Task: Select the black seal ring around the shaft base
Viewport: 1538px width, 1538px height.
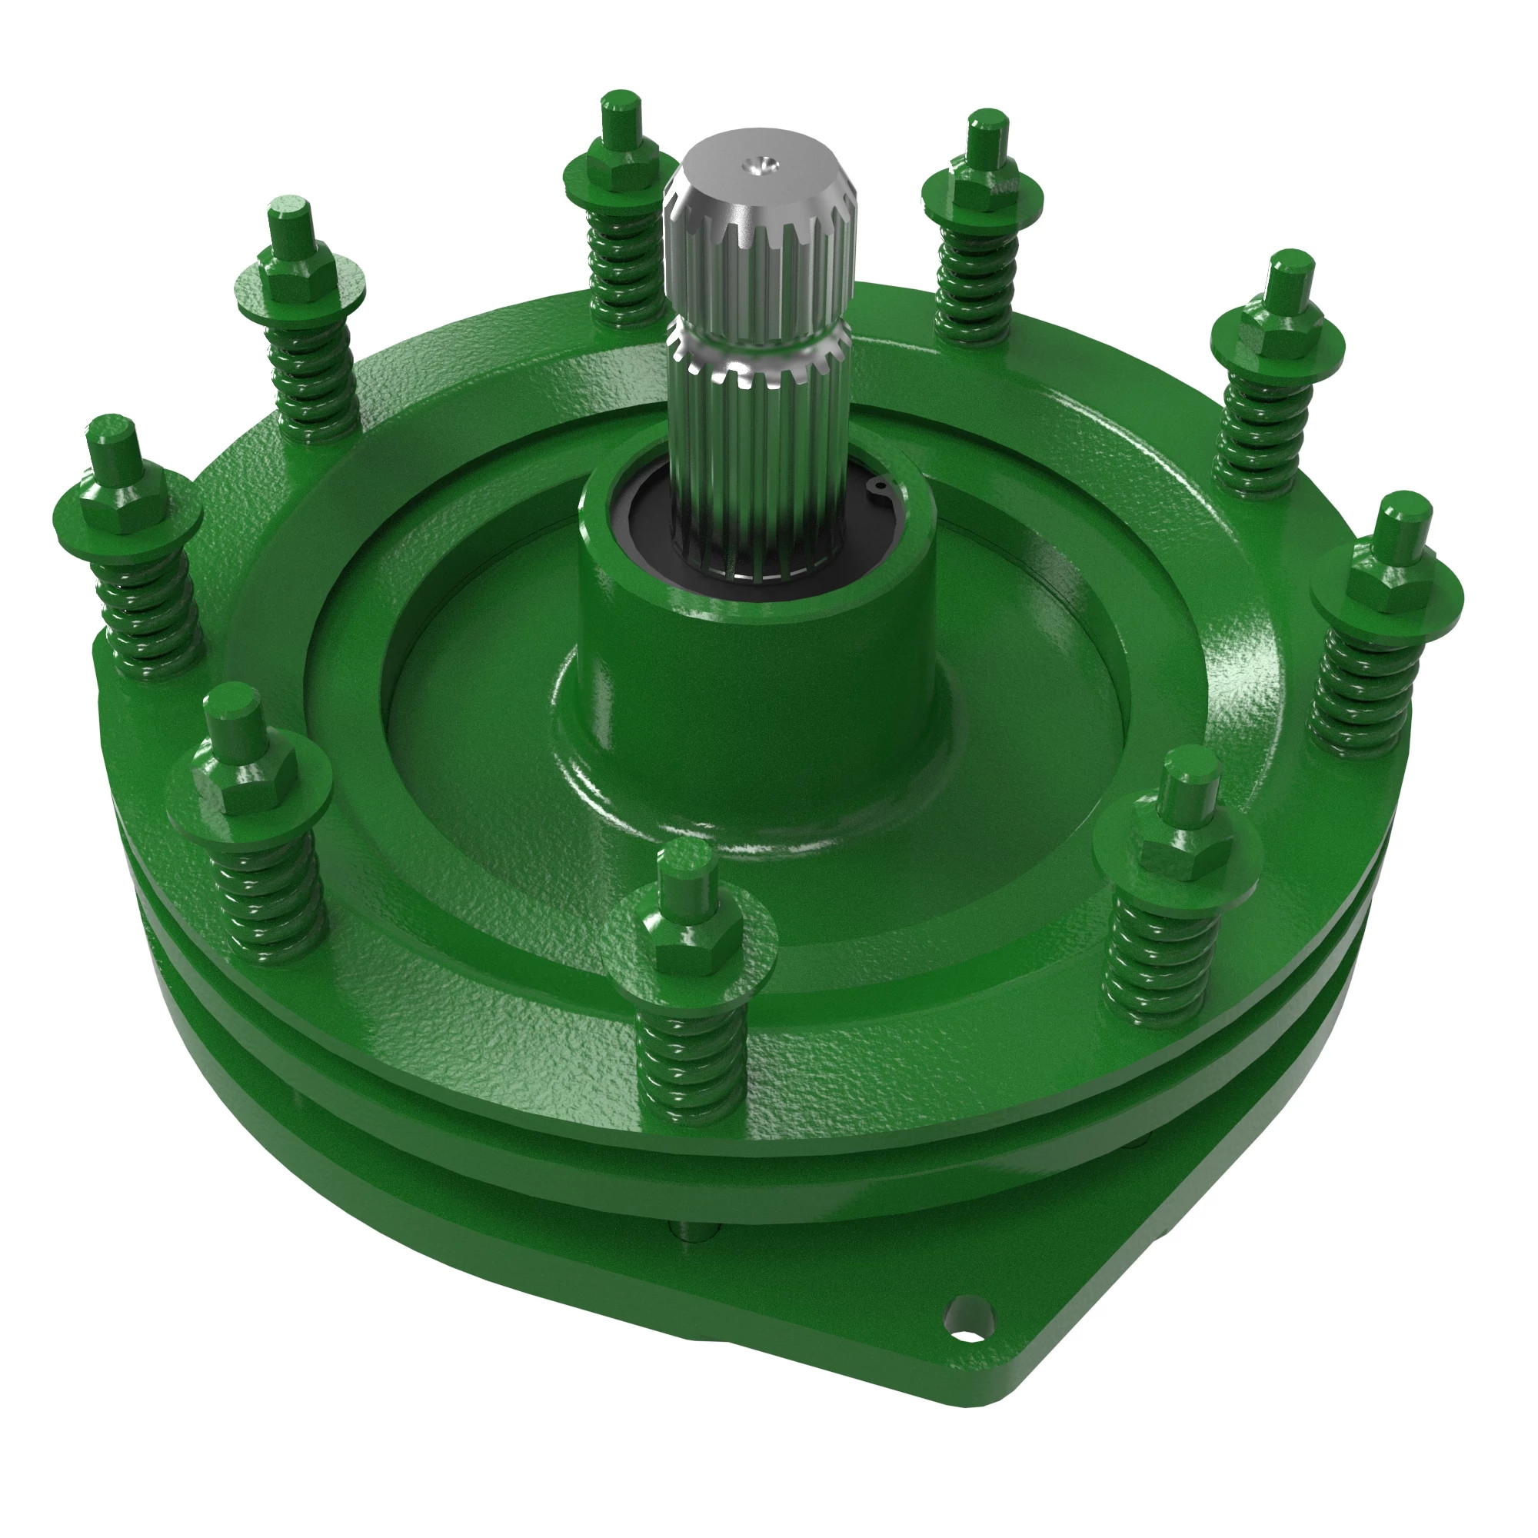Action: [x=637, y=525]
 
